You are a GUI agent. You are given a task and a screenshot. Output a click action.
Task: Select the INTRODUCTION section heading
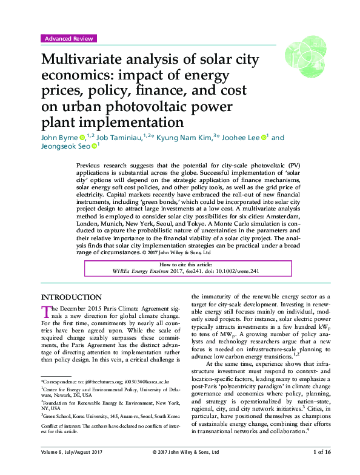pyautogui.click(x=71, y=297)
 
